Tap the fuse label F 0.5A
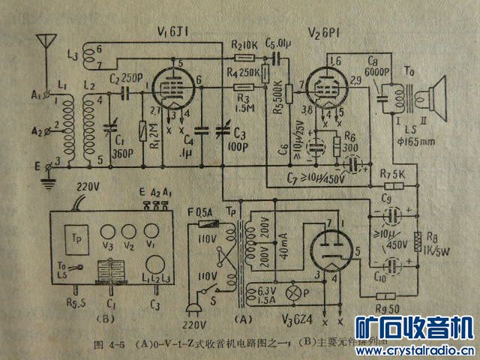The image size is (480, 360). pyautogui.click(x=197, y=212)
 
